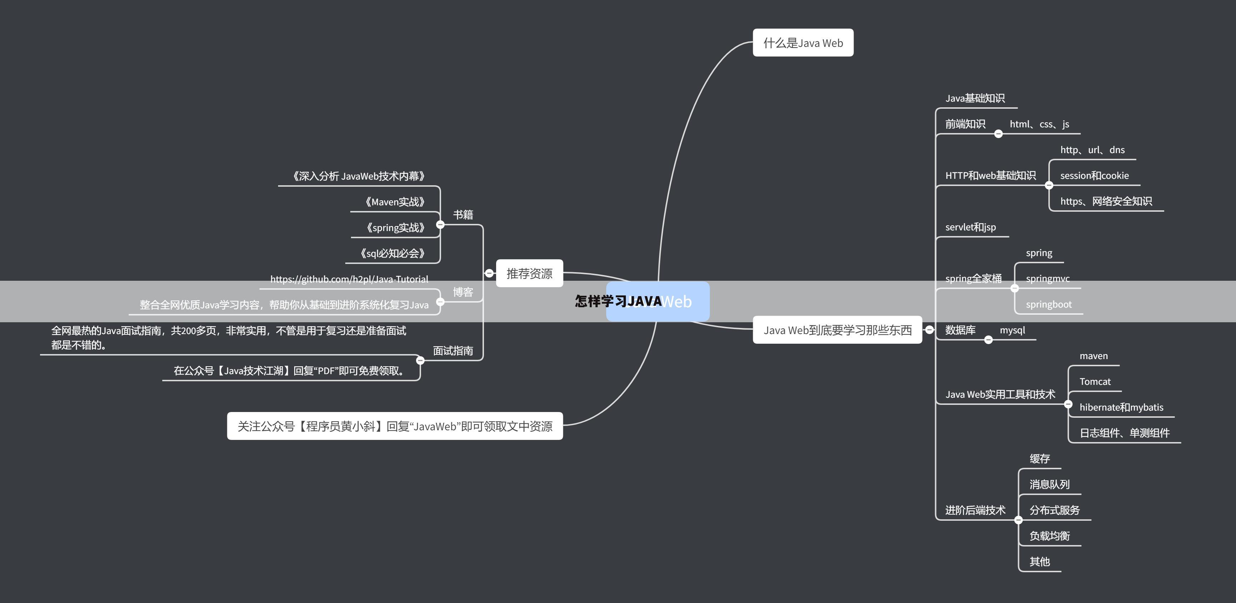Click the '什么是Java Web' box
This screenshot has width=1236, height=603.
click(803, 43)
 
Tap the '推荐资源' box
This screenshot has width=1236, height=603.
click(529, 273)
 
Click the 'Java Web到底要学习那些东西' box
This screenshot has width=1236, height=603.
click(837, 330)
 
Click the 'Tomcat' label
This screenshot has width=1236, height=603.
click(1095, 382)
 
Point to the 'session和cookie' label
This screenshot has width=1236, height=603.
click(1094, 176)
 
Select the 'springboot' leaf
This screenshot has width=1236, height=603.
click(1048, 304)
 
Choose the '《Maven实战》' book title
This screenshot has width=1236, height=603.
click(394, 202)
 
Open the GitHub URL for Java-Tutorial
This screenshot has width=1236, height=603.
click(349, 279)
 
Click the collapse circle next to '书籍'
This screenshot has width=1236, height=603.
click(440, 224)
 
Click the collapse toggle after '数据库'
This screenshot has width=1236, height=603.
click(988, 340)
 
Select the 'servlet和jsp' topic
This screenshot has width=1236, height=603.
click(970, 227)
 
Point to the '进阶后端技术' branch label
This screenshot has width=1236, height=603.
click(975, 510)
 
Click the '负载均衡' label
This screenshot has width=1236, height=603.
click(1049, 536)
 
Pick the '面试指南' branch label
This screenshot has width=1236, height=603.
click(453, 351)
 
